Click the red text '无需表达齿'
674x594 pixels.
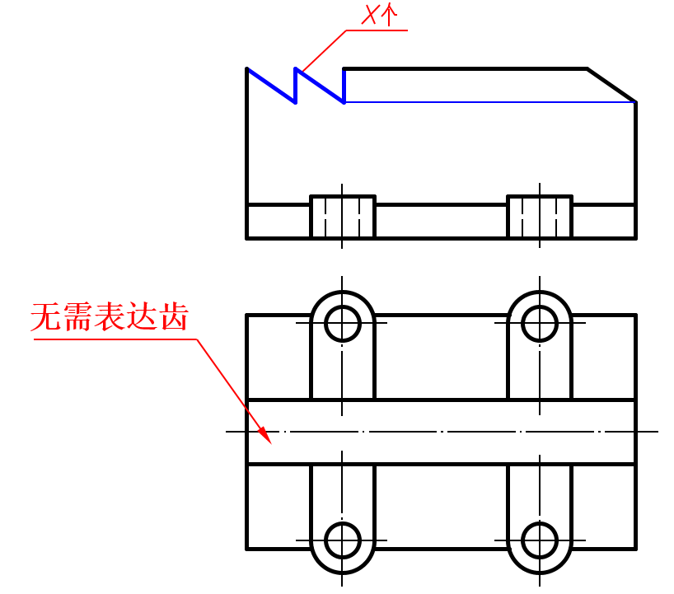pyautogui.click(x=110, y=317)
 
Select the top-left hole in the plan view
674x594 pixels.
pyautogui.click(x=343, y=323)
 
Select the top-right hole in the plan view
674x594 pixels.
pyautogui.click(x=540, y=323)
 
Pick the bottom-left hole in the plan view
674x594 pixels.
pyautogui.click(x=343, y=540)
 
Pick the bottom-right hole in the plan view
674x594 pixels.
pyautogui.click(x=540, y=540)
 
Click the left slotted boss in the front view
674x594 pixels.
pyautogui.click(x=343, y=217)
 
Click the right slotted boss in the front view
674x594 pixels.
pyautogui.click(x=540, y=217)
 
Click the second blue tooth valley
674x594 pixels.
pyautogui.click(x=344, y=102)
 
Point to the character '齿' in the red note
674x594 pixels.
pyautogui.click(x=174, y=317)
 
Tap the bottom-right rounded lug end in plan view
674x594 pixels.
pyautogui.click(x=540, y=565)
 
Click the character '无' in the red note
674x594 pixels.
pyautogui.click(x=45, y=317)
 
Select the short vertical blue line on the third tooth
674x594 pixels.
pyautogui.click(x=344, y=86)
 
